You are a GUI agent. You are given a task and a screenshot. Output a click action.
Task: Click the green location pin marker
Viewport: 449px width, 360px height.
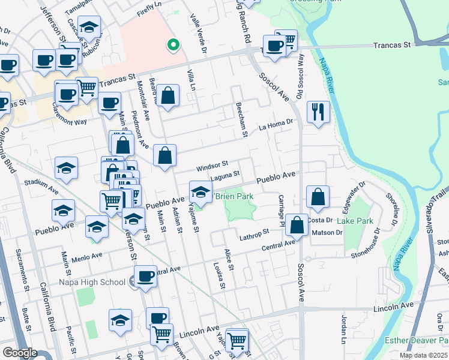pos(173,44)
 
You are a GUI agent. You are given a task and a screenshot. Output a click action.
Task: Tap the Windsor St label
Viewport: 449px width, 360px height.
pos(212,164)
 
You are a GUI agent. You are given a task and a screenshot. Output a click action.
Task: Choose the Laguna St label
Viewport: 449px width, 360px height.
pos(225,175)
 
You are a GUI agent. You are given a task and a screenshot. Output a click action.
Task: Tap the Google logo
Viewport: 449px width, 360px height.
pos(19,353)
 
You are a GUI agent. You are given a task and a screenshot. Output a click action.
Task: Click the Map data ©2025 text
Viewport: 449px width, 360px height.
pos(423,355)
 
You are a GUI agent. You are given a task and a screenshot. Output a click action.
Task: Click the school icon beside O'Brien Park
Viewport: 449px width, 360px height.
pos(200,192)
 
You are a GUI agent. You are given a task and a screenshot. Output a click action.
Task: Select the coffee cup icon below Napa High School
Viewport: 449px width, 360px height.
pos(145,277)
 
